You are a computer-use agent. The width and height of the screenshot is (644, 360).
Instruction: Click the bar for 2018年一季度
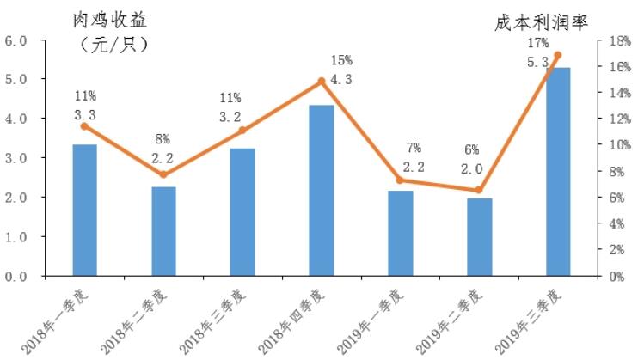(x=84, y=211)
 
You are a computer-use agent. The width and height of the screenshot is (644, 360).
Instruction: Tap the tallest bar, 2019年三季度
(x=558, y=172)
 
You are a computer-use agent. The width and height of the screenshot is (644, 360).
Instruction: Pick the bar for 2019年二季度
(x=479, y=237)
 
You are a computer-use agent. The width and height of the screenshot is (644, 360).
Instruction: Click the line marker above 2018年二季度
(x=163, y=174)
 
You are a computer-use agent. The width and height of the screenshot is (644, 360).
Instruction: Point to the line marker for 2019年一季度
(x=400, y=180)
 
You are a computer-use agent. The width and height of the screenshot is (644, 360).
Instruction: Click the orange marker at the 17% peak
(x=558, y=55)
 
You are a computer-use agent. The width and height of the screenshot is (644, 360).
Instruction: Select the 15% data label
(x=341, y=60)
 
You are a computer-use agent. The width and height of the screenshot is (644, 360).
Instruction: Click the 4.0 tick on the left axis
(x=16, y=119)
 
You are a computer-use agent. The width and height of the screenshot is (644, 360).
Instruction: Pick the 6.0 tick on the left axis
(x=16, y=40)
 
